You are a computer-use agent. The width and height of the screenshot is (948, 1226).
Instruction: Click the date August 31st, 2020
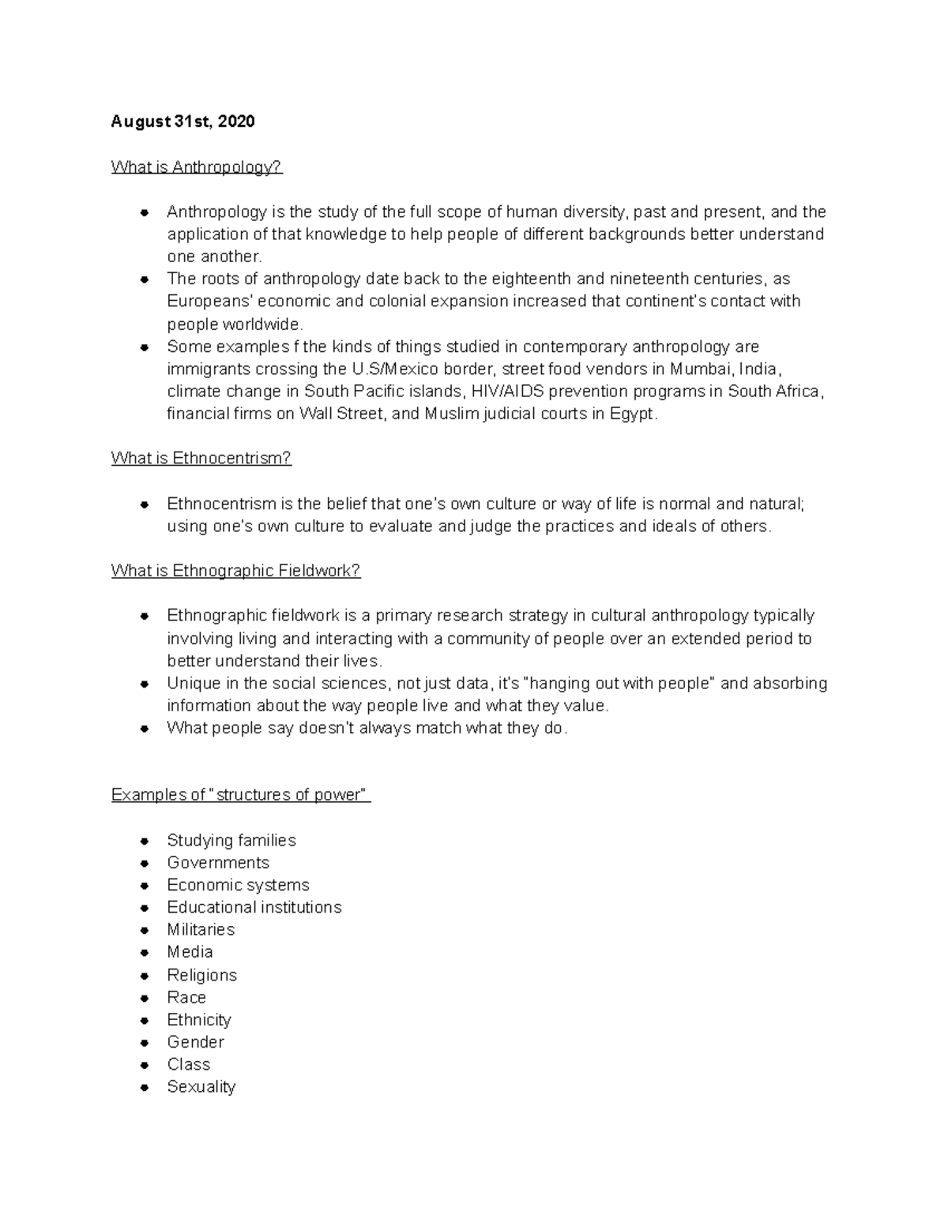[182, 122]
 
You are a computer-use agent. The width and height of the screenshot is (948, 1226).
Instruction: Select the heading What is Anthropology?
[197, 167]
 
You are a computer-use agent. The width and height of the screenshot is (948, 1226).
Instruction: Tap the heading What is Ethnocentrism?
[201, 458]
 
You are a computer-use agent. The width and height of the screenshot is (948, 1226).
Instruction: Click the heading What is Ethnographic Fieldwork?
[235, 571]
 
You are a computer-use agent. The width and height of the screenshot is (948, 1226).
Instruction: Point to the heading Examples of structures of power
[240, 795]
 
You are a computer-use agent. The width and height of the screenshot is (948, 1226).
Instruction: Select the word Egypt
[632, 414]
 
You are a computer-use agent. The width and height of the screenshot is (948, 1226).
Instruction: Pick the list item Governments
[218, 863]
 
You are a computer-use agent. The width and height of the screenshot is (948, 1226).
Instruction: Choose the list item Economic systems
[238, 885]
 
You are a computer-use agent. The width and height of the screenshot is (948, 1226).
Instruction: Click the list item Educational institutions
[254, 907]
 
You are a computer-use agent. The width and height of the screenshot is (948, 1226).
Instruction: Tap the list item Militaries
[201, 930]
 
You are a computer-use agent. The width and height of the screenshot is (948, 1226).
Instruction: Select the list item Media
[190, 952]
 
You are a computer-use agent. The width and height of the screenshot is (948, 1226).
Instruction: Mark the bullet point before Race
[145, 998]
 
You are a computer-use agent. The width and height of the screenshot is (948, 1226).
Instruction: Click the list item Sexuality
[201, 1087]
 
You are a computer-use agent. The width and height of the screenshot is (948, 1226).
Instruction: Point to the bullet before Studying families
[145, 841]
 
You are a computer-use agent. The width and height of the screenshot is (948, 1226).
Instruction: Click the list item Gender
[195, 1042]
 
